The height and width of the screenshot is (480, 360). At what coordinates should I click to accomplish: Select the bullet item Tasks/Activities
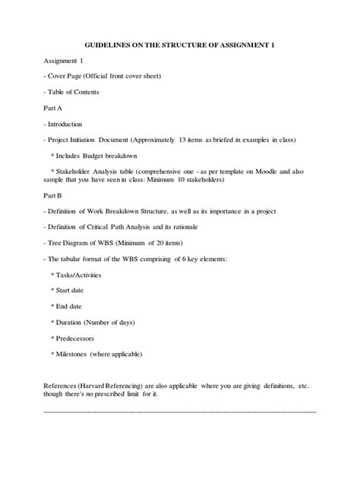79,274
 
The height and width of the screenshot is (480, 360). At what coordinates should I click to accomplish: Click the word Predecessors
79,338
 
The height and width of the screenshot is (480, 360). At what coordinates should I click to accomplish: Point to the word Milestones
77,354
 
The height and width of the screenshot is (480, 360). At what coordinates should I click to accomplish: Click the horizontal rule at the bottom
181,410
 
